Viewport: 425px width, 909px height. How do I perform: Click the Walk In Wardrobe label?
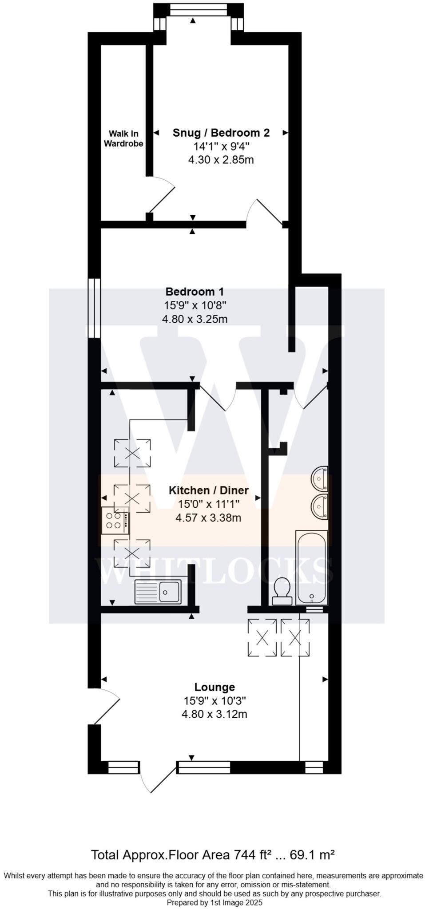[123, 138]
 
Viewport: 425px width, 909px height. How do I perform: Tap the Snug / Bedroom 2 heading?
[221, 133]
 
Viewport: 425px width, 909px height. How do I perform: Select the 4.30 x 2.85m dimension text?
[221, 160]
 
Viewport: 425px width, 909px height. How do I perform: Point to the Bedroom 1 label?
[195, 292]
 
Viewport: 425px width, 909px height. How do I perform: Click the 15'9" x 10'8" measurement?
[195, 305]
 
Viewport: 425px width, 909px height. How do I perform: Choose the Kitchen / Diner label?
[208, 490]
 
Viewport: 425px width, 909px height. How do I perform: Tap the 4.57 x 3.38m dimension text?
[208, 518]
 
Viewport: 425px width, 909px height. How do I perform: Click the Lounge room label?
[214, 687]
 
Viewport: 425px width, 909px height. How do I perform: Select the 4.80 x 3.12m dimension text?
[214, 714]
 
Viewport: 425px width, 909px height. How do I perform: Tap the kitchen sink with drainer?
[158, 592]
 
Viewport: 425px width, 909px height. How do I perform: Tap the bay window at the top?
[199, 10]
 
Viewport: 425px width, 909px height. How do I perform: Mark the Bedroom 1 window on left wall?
[93, 308]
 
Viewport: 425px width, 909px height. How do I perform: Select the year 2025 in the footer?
[254, 903]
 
